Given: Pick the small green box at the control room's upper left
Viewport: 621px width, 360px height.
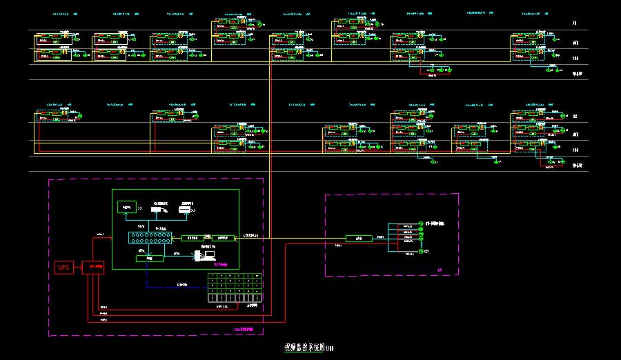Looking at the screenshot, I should click(126, 206).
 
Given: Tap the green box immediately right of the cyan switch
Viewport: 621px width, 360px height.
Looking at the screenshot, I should click(190, 238).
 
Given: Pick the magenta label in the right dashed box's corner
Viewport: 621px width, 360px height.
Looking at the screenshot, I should click(440, 268).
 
